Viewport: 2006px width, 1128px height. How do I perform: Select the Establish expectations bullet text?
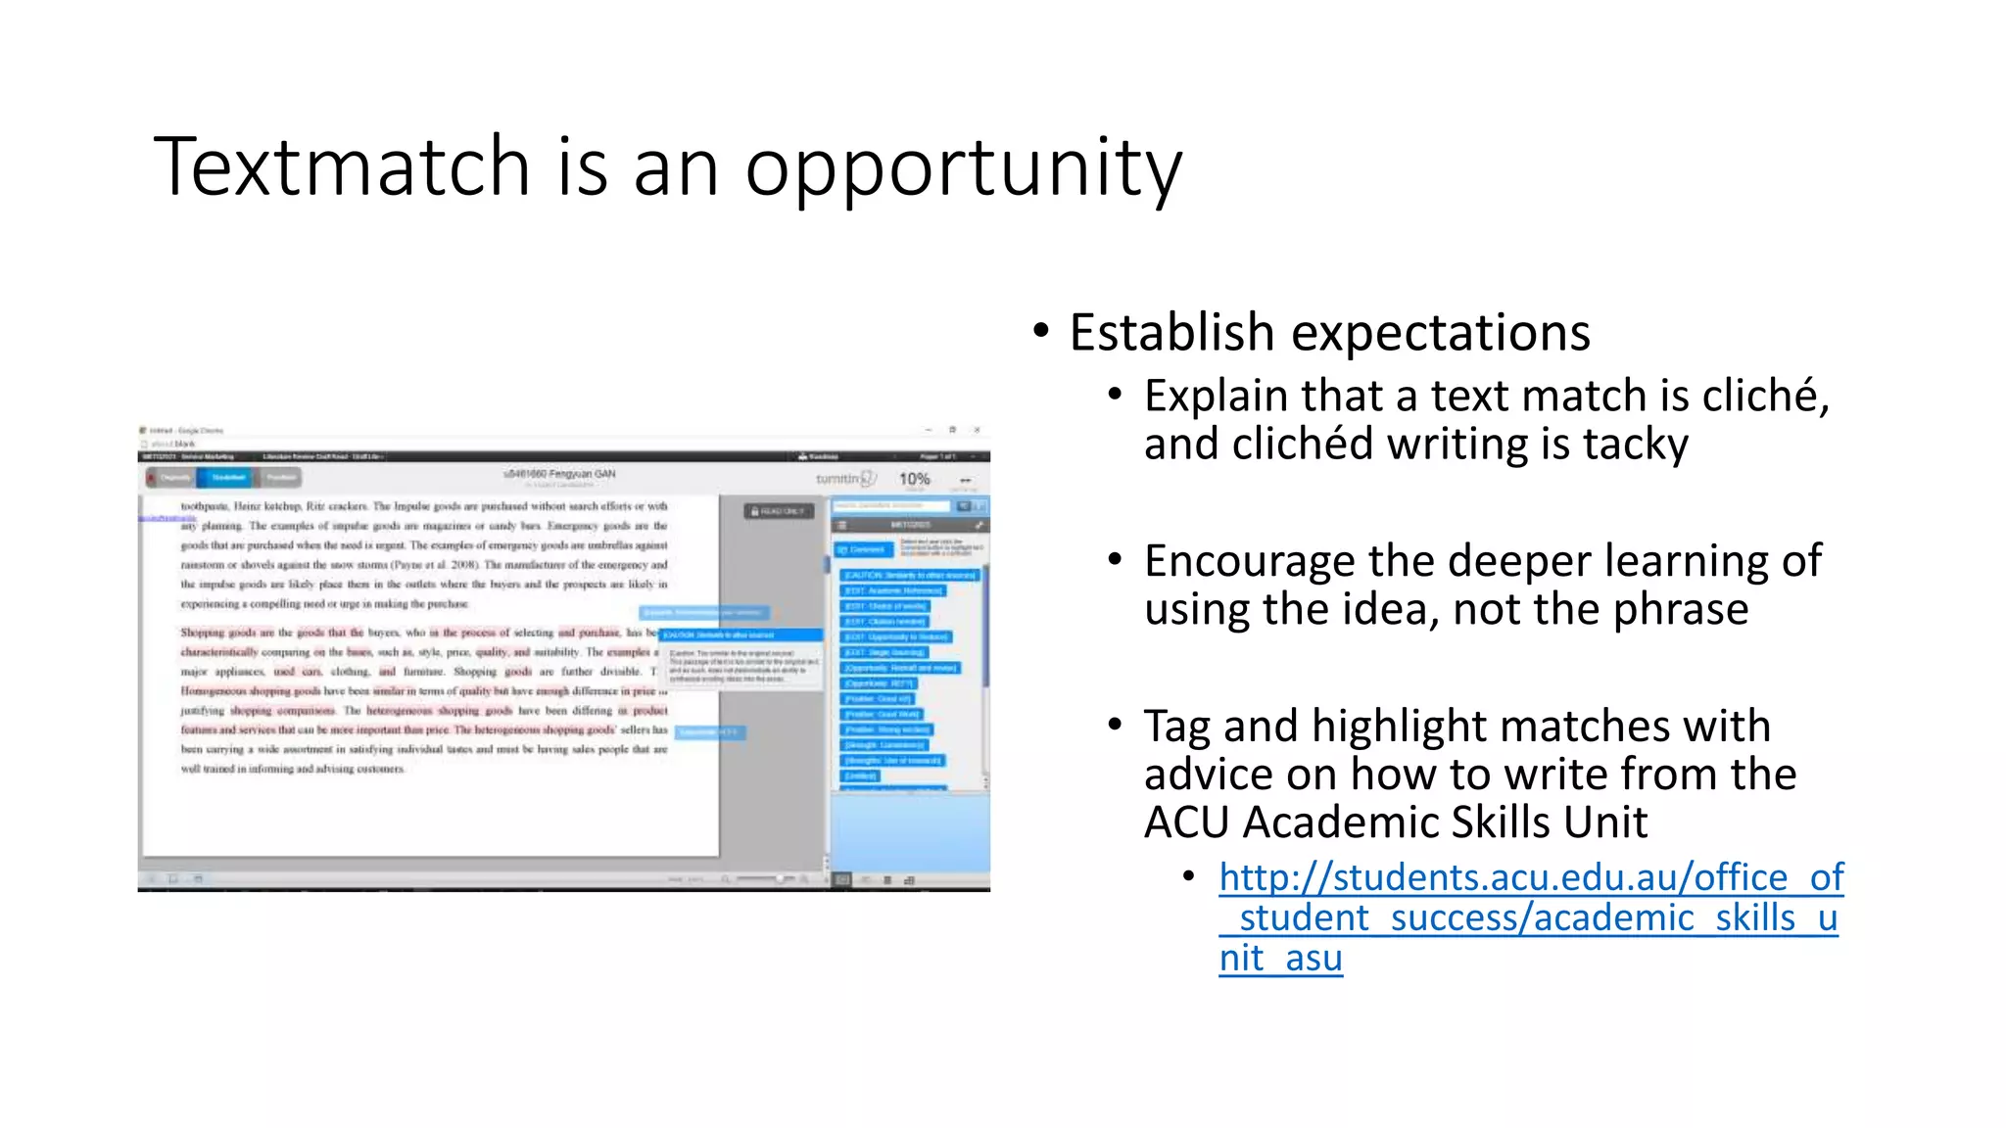[1329, 333]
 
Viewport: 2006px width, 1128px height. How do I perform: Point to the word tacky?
[1636, 445]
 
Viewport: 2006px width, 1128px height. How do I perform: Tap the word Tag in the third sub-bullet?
[1177, 727]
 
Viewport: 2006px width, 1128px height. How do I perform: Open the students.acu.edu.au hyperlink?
[1531, 917]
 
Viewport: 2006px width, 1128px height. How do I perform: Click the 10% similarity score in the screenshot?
[914, 479]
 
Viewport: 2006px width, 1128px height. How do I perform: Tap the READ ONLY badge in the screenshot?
[779, 511]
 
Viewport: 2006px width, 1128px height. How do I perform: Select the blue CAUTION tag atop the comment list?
[910, 575]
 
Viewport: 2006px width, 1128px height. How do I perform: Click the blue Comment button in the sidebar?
[861, 549]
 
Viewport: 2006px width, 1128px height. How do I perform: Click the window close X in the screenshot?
[977, 430]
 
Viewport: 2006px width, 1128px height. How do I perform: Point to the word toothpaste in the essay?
[204, 506]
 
